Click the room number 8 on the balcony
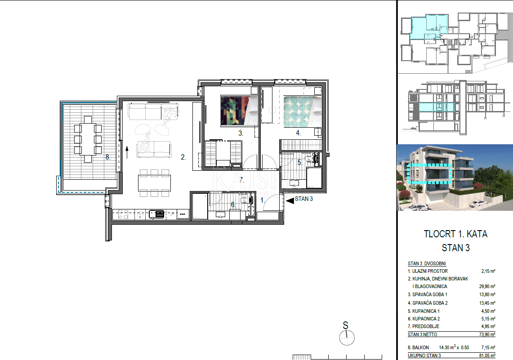click(x=108, y=157)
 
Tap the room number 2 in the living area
click(x=183, y=157)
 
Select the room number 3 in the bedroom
click(x=241, y=133)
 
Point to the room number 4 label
click(x=298, y=133)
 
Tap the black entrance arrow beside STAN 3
click(x=290, y=200)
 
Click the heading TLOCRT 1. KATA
click(x=455, y=234)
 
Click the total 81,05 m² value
click(x=486, y=356)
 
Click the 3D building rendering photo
click(x=455, y=178)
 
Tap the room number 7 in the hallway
click(x=241, y=180)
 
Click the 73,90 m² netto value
click(x=486, y=335)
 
